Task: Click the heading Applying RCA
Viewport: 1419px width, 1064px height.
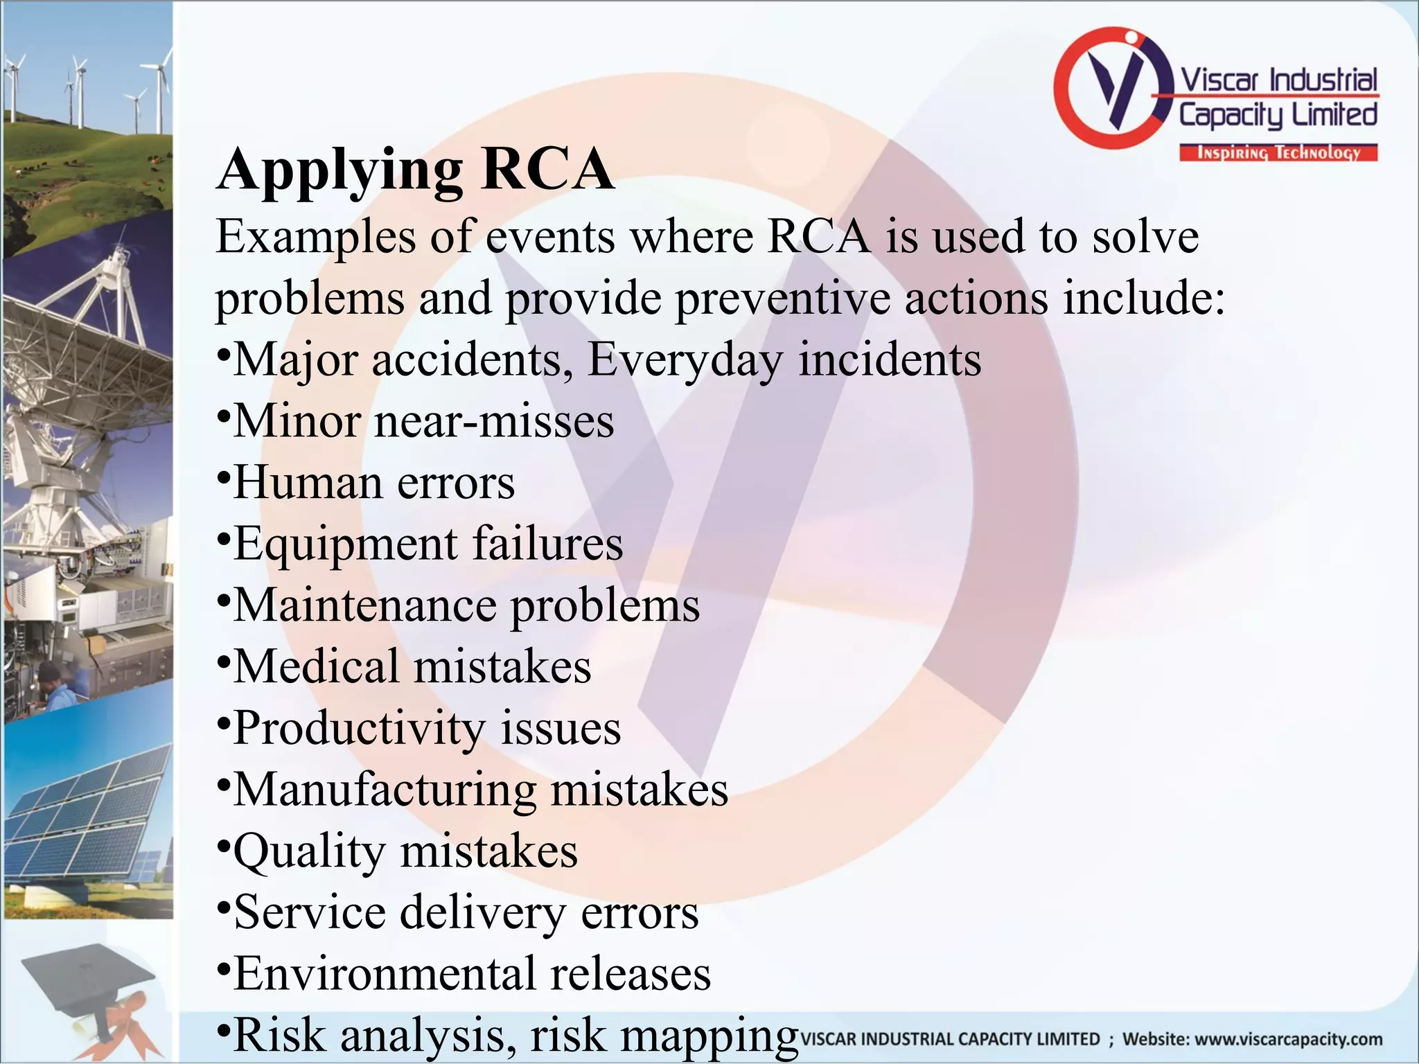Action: coord(415,170)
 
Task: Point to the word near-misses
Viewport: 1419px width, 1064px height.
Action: coord(494,421)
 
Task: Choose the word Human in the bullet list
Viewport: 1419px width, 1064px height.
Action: coord(306,483)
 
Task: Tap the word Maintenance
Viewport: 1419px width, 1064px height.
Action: coord(364,605)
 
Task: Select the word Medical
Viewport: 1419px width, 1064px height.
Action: coord(316,666)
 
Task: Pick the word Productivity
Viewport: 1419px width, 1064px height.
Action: coord(359,729)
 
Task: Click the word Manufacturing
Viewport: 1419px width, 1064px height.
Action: coord(384,790)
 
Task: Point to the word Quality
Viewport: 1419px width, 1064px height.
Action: coord(308,851)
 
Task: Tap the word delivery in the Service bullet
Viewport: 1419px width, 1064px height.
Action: coord(482,912)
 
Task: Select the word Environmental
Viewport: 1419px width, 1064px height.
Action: coord(383,973)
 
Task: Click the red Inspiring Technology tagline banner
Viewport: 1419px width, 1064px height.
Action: coord(1278,153)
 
